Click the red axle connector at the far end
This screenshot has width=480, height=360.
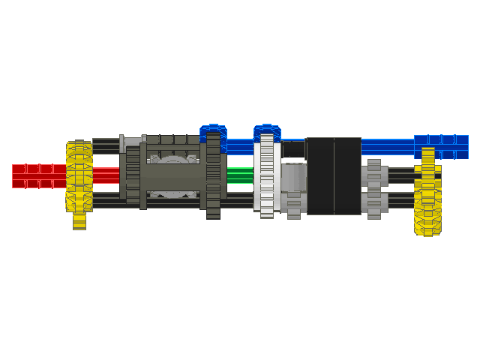[37, 176]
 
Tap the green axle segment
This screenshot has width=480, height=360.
[240, 175]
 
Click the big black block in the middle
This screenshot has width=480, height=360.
[333, 175]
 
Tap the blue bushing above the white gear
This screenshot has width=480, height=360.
[267, 131]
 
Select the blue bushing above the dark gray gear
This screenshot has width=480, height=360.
[214, 131]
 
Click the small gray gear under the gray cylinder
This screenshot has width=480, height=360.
[293, 205]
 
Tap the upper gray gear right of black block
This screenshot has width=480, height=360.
[374, 174]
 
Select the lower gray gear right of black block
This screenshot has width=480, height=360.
[374, 203]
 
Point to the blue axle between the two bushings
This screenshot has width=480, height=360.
[240, 145]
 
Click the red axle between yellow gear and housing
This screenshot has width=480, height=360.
[106, 175]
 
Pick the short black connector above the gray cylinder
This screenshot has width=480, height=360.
[293, 151]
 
